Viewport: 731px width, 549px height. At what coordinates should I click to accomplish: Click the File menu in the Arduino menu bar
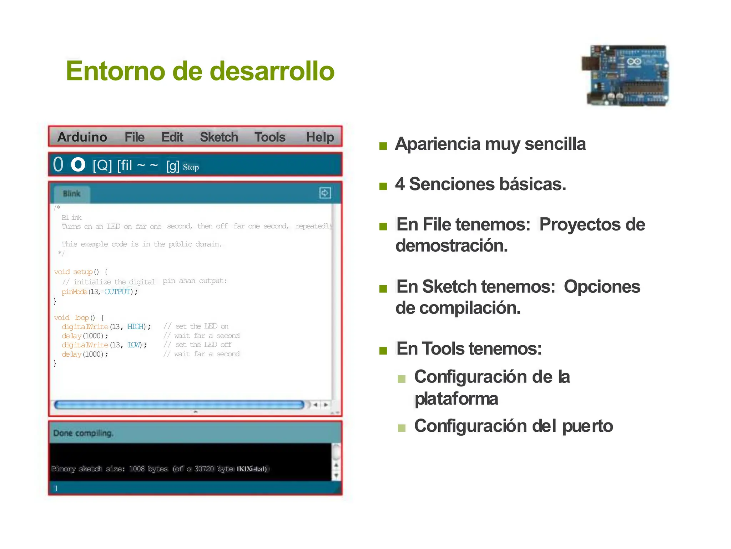pyautogui.click(x=134, y=137)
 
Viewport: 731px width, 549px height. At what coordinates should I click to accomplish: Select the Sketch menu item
pyautogui.click(x=218, y=137)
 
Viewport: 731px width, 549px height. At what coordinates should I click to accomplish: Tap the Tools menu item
pyautogui.click(x=270, y=137)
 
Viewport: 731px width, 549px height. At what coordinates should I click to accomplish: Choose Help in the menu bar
pyautogui.click(x=320, y=137)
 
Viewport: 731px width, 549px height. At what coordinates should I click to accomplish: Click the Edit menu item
pyautogui.click(x=172, y=137)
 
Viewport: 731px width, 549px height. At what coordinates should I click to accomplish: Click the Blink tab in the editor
pyautogui.click(x=72, y=194)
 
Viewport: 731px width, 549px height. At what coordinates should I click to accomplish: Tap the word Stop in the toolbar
pyautogui.click(x=191, y=167)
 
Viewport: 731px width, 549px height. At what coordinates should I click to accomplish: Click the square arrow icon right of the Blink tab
pyautogui.click(x=325, y=193)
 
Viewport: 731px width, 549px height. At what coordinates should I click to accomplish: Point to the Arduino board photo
pyautogui.click(x=625, y=75)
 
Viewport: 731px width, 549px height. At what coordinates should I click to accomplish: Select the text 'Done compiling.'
pyautogui.click(x=83, y=433)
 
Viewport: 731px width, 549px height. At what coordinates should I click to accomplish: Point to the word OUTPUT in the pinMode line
pyautogui.click(x=117, y=292)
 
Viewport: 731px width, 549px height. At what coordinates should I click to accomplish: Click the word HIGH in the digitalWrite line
pyautogui.click(x=136, y=327)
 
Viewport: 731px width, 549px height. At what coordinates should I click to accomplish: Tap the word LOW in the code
pyautogui.click(x=134, y=345)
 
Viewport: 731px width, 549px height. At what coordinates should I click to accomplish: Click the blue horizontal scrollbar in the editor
pyautogui.click(x=178, y=405)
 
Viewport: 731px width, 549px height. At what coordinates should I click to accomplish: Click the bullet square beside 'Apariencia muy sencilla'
pyautogui.click(x=383, y=146)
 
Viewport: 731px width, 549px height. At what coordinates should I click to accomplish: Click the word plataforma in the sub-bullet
pyautogui.click(x=456, y=399)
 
